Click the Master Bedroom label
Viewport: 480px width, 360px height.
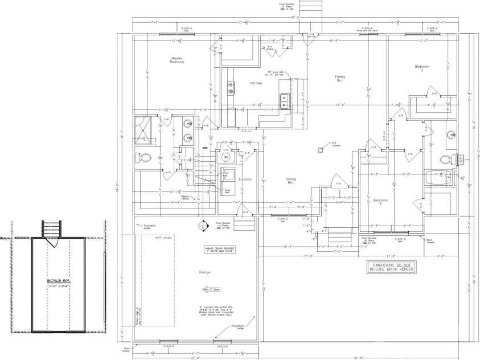tap(177, 60)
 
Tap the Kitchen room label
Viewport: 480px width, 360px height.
tap(256, 83)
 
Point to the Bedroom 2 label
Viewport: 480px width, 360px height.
tap(422, 68)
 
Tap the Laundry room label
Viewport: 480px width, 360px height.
tap(245, 179)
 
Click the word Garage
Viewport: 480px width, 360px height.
tap(204, 272)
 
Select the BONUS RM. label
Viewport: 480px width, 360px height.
tap(57, 281)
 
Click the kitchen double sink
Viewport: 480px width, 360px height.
tap(232, 88)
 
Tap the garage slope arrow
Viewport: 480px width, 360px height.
tap(208, 289)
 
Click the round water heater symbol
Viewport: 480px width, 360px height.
tap(225, 157)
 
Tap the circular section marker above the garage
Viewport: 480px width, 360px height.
tap(202, 227)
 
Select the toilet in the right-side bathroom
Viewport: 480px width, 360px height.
tap(448, 158)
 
